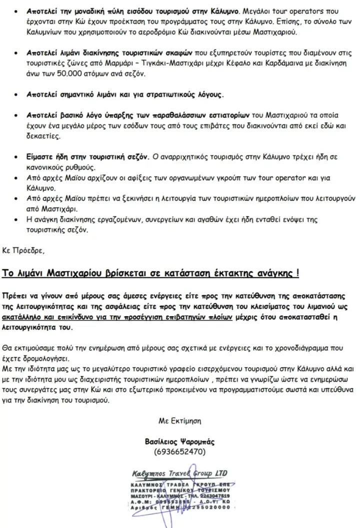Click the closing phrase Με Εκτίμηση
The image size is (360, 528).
[179, 421]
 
